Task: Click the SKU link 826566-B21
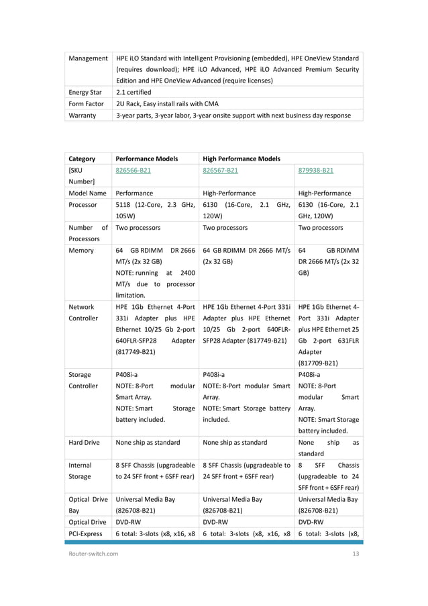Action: [x=133, y=171]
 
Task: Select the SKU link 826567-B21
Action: [x=219, y=171]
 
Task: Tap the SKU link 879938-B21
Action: [x=315, y=171]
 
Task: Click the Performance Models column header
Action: [x=146, y=159]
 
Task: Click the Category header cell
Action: [x=82, y=159]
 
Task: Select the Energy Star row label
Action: [x=85, y=92]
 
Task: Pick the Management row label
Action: [x=89, y=58]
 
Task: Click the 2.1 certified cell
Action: [x=133, y=92]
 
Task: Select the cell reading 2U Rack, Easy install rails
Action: [x=167, y=103]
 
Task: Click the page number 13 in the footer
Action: [x=356, y=553]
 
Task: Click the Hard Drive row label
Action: [x=85, y=442]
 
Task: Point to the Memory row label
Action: [x=81, y=250]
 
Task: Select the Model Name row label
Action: [x=87, y=193]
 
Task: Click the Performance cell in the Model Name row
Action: [x=134, y=193]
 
